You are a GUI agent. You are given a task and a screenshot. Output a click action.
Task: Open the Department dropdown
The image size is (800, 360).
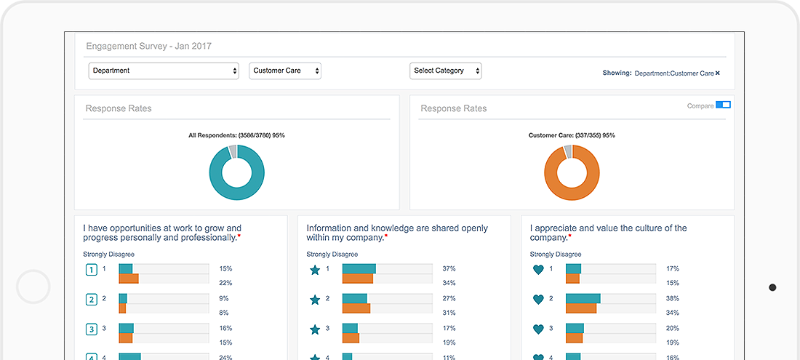(164, 71)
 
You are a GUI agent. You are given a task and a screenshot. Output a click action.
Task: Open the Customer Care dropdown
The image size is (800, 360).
(285, 71)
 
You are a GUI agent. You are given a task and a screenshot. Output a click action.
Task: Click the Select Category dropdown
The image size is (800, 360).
(445, 71)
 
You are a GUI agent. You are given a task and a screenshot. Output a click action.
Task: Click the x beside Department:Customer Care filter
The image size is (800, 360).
(718, 73)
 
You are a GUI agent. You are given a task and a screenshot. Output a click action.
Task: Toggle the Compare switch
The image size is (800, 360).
(723, 105)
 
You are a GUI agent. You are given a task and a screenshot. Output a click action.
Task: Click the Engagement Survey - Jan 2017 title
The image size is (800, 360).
(148, 46)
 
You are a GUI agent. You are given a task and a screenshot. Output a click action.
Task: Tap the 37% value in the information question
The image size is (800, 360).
(449, 269)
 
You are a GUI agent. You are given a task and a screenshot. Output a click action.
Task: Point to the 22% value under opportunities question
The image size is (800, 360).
(225, 283)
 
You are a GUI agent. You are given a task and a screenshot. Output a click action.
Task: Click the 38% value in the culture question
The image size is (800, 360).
(672, 298)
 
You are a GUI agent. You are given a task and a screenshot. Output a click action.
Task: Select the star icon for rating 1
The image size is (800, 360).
(315, 270)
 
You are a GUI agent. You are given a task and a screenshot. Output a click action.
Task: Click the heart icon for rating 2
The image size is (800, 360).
(538, 299)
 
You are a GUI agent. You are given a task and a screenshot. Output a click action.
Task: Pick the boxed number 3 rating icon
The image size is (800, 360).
(92, 329)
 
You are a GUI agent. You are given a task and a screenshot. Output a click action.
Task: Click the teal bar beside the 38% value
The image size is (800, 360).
(583, 298)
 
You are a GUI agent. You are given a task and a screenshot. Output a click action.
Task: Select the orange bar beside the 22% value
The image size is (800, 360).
(129, 279)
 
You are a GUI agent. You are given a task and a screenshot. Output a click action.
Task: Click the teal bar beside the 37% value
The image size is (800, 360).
(359, 268)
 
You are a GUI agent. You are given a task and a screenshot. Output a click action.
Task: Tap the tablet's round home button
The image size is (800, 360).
(33, 287)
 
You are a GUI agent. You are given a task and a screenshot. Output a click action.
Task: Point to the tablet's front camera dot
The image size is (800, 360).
(772, 287)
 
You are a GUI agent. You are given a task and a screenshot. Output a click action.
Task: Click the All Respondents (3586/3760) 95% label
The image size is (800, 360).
(236, 135)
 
